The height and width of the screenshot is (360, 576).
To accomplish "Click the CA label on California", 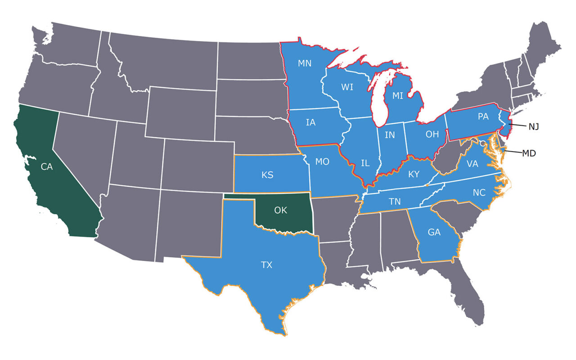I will point(47,167).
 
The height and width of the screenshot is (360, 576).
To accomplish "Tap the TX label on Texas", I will point(267,265).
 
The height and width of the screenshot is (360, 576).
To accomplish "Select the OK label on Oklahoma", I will point(280,210).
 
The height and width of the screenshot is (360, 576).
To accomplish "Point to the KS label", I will point(267,175).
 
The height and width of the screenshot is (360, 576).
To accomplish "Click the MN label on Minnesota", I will point(305,63).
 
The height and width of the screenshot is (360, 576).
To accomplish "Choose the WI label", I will point(347,87).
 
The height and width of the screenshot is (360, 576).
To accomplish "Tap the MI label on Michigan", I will point(398,96).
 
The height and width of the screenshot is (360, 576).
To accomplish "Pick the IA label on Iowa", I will point(310,122).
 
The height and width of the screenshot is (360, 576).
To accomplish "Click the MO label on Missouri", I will point(322,162).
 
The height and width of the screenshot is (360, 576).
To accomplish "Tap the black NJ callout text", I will point(533,127).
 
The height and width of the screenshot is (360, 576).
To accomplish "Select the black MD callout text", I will point(529,153).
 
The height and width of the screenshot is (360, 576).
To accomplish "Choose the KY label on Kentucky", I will point(414,174).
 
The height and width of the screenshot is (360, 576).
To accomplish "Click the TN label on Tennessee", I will point(395,202).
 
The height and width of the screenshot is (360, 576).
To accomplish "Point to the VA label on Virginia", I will point(472,164).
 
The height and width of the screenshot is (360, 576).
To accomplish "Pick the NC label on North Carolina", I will point(479,193).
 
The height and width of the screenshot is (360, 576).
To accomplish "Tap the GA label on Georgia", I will point(434,233).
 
